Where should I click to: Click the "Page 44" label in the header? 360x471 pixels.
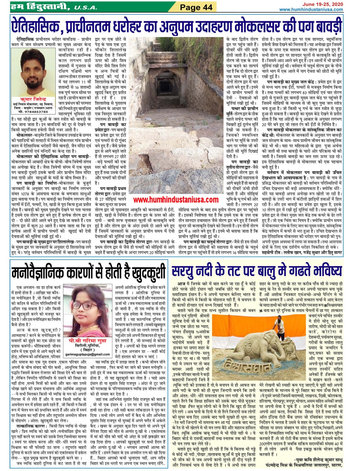point(196,7)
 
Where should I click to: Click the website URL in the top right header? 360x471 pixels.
point(311,10)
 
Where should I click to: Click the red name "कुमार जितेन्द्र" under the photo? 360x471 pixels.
point(34,99)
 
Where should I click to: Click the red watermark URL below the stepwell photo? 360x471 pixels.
point(176,200)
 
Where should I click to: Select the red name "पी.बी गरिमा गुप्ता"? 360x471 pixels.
point(87,340)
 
